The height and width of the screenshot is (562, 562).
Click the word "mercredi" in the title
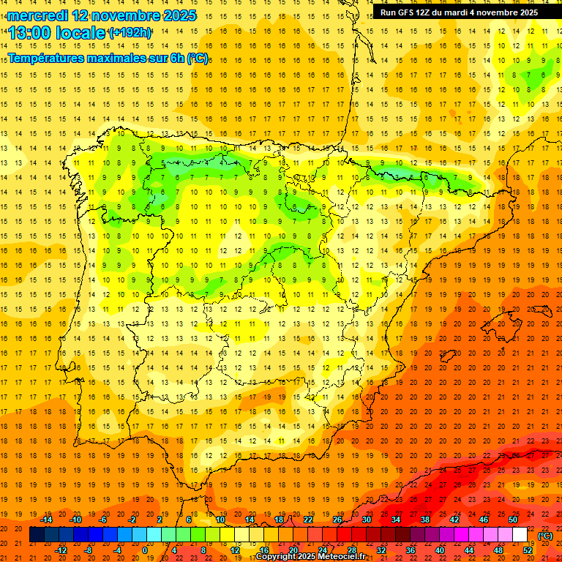(37, 15)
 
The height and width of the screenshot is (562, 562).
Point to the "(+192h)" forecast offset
(130, 33)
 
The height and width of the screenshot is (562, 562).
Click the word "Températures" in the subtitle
(47, 58)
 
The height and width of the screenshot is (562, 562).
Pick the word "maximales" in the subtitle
(120, 58)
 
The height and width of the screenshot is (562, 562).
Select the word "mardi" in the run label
(467, 12)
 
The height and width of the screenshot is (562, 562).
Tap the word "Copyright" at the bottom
(276, 557)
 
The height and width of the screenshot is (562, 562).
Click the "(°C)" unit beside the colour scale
(546, 536)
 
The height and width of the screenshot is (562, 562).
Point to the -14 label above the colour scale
(47, 520)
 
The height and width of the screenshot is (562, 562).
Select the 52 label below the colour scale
(528, 550)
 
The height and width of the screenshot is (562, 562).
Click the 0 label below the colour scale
(144, 550)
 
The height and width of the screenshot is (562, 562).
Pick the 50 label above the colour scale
(513, 520)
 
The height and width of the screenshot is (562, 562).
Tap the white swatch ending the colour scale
(520, 535)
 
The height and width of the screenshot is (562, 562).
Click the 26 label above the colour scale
(337, 520)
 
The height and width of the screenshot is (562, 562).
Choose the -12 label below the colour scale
(61, 550)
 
